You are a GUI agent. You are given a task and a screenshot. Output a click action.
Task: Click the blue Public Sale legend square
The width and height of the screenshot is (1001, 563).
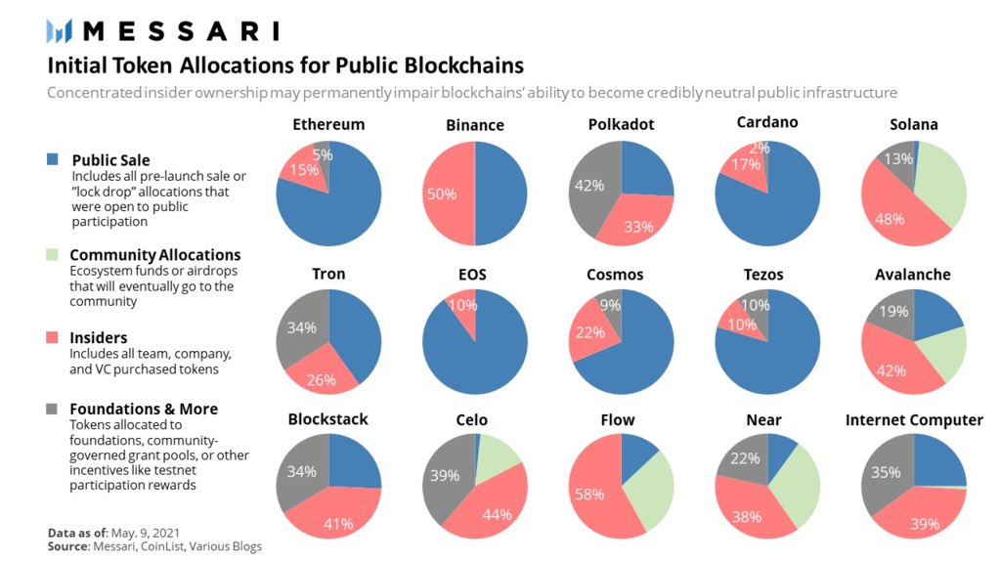pos(52,159)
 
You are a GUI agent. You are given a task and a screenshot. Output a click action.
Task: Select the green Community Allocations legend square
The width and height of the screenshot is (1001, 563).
pos(52,255)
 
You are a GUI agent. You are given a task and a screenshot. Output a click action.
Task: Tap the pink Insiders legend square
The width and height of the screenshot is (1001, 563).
pos(52,337)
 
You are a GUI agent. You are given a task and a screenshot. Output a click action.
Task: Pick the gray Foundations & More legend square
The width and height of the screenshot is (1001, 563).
pos(52,409)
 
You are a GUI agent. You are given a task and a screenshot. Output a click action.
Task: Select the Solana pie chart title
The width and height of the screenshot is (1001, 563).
pos(913,124)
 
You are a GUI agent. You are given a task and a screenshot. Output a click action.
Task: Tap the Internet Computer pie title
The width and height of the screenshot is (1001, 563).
pos(913,420)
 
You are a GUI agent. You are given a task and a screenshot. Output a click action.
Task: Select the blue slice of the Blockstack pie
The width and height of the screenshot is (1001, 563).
pos(353,461)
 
